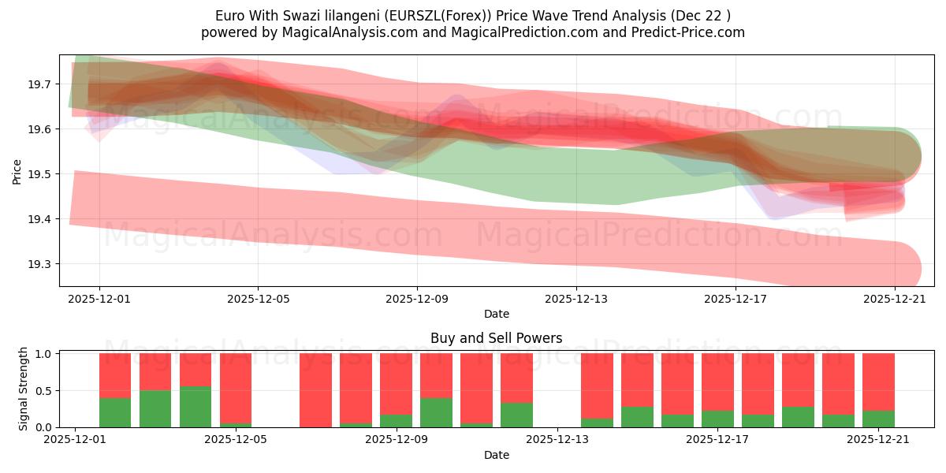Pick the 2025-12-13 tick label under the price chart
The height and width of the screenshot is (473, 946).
click(x=576, y=299)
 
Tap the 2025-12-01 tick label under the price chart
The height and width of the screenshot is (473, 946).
click(x=99, y=299)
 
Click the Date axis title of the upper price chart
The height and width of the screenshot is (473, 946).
click(x=497, y=314)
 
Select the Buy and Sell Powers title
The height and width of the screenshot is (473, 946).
click(x=497, y=338)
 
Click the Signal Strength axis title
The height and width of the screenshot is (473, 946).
click(x=24, y=388)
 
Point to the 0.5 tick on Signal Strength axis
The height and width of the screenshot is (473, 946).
click(x=43, y=390)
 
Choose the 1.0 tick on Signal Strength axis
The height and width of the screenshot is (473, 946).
click(x=43, y=354)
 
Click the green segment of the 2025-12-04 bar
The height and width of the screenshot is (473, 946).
click(x=196, y=407)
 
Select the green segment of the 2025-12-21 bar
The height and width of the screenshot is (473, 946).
click(x=878, y=419)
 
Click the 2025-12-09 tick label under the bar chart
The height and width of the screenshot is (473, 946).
click(x=397, y=439)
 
